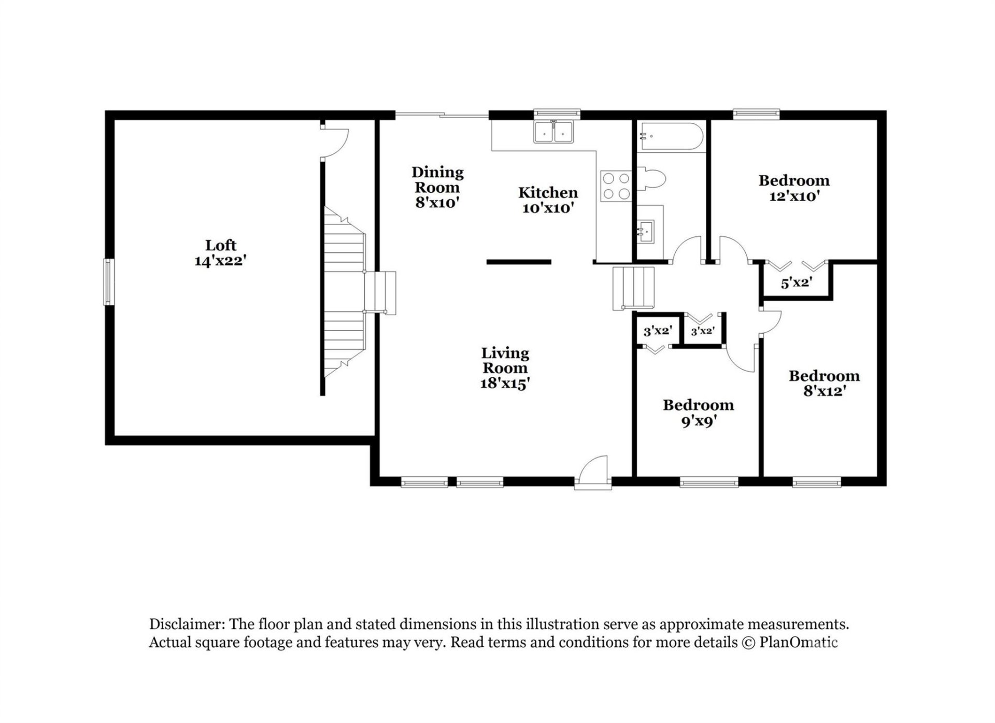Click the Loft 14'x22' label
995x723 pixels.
220,253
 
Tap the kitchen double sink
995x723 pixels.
553,132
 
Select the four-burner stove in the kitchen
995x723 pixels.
616,186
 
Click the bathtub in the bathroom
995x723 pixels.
671,136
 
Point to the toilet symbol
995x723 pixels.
652,180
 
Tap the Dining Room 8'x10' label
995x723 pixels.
437,187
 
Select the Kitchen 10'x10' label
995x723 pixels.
548,200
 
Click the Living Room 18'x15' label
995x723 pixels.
505,368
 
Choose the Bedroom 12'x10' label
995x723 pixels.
794,188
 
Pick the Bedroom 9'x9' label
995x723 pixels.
698,413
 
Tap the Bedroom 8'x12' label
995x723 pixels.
824,383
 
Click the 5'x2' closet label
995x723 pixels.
796,283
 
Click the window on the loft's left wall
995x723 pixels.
108,282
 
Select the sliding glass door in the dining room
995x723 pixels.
442,115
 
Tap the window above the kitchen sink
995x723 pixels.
557,112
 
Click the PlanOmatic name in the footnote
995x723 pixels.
798,643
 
